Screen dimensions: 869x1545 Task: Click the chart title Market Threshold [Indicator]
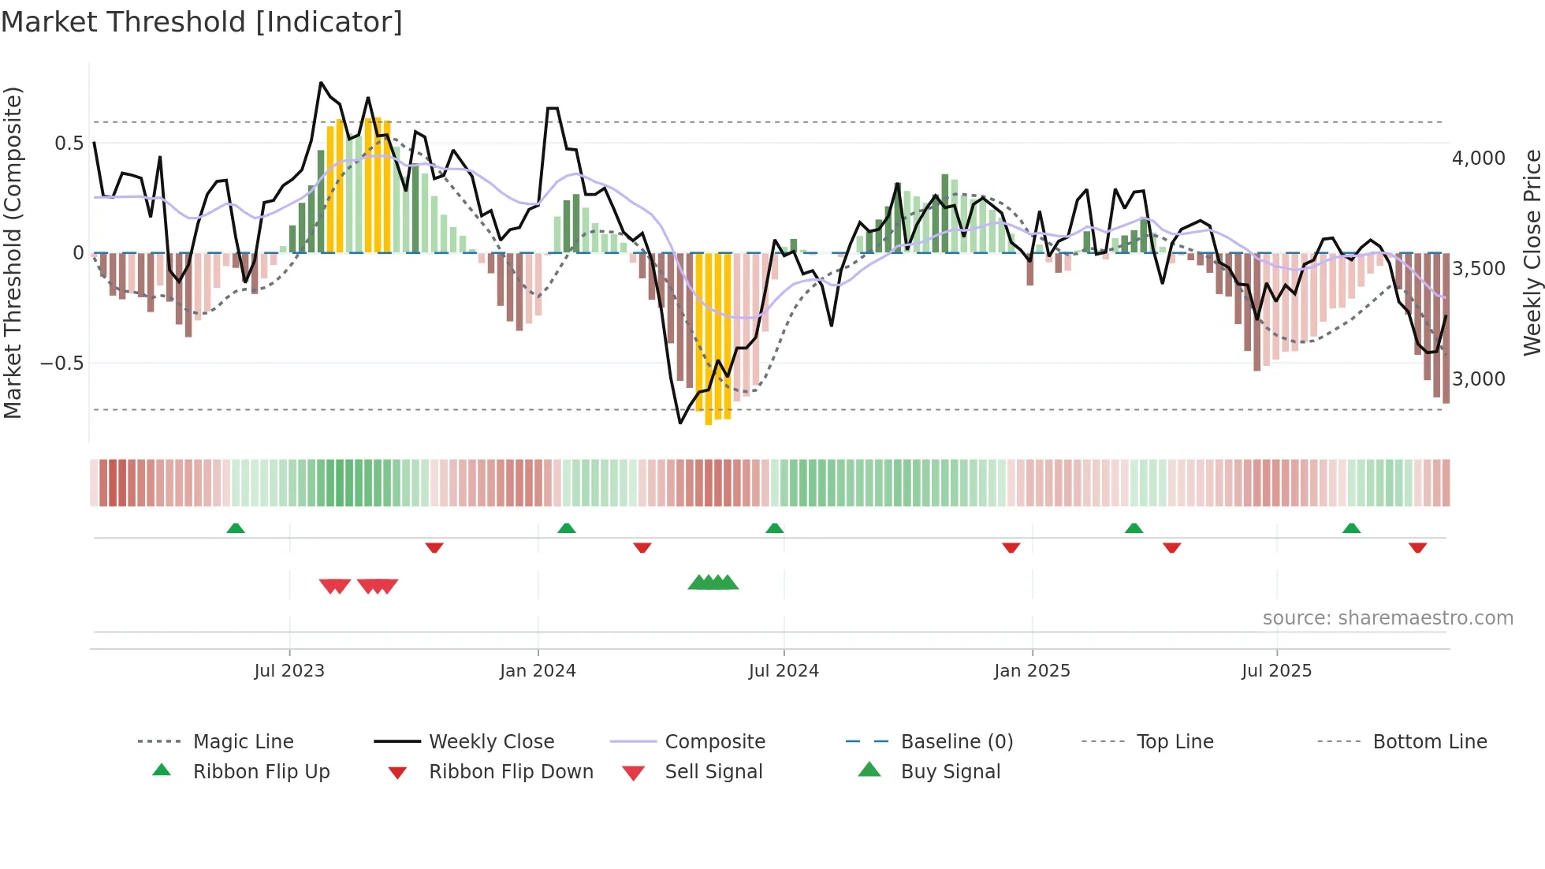click(x=202, y=22)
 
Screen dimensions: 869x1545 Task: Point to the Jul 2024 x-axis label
click(x=783, y=671)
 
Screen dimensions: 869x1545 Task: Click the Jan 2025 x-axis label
click(x=1032, y=671)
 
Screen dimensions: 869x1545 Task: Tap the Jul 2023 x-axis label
click(x=289, y=671)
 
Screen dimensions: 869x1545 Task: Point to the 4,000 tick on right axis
click(x=1479, y=159)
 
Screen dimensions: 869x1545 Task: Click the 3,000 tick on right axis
click(x=1479, y=379)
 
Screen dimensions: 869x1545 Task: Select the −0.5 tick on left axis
click(x=61, y=364)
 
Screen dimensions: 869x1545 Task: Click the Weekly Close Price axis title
click(x=1532, y=252)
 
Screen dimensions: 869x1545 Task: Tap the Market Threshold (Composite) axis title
click(x=13, y=252)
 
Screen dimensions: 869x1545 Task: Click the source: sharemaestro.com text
click(x=1387, y=618)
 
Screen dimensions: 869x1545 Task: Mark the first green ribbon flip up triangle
click(x=236, y=528)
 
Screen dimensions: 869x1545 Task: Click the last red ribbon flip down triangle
click(x=1417, y=547)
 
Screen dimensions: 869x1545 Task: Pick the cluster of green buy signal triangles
click(x=713, y=583)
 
